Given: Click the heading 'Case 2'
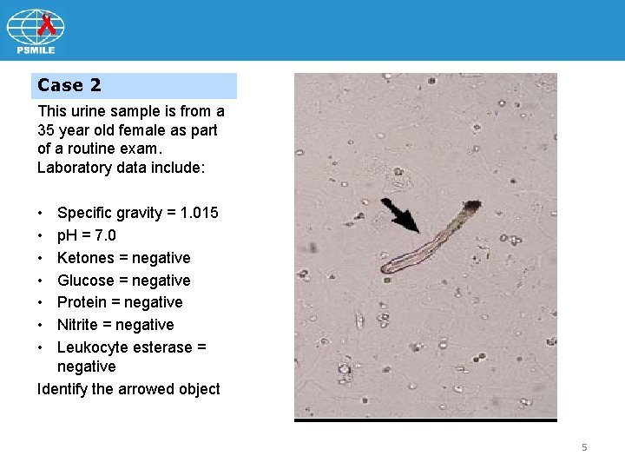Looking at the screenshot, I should click(69, 85).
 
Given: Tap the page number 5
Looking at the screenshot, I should click(584, 447).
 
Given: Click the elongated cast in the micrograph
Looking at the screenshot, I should click(430, 241).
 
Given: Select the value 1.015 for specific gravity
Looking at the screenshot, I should click(195, 213).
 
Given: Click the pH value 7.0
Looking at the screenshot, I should click(105, 235).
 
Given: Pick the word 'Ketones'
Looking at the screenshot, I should click(85, 258).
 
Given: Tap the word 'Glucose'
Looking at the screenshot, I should click(85, 281).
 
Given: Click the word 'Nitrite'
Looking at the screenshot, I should click(78, 325).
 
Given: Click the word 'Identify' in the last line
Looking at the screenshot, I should click(62, 389).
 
